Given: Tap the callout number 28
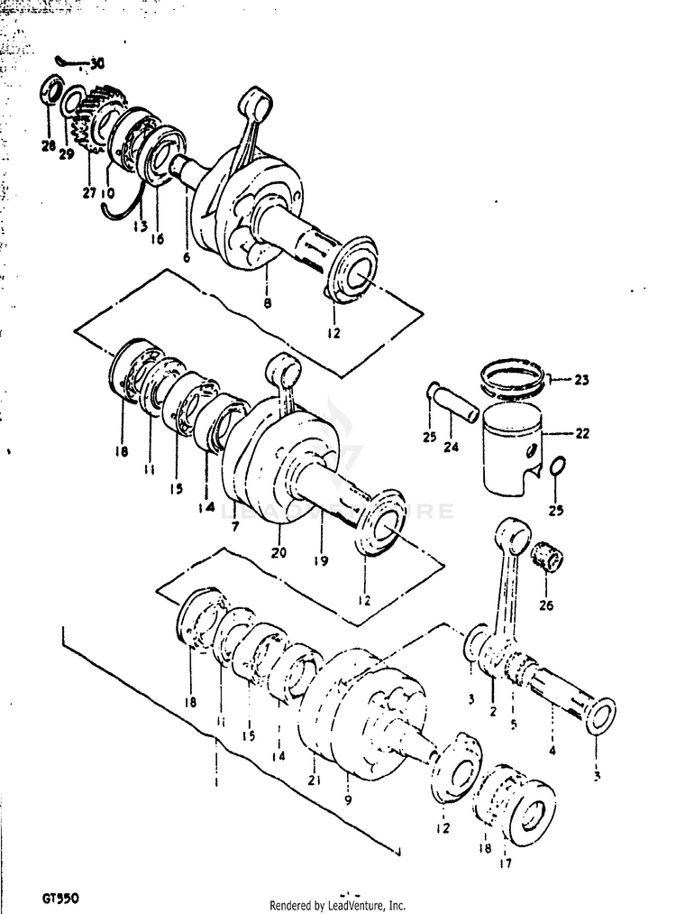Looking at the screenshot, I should (47, 145).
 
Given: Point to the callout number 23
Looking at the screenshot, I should (580, 380).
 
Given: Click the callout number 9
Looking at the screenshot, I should (348, 799).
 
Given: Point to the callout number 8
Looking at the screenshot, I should (267, 304).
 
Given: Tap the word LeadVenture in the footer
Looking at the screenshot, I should (358, 905).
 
